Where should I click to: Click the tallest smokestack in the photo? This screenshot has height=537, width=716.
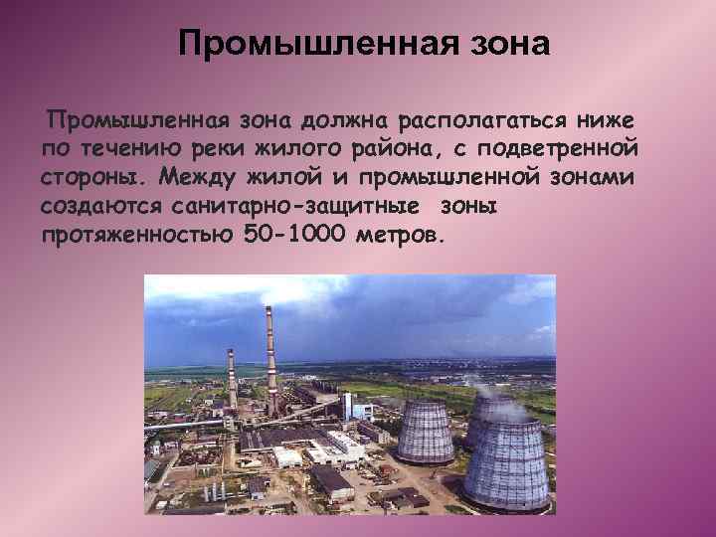269,358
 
